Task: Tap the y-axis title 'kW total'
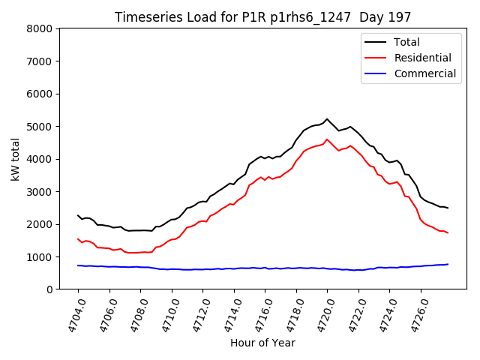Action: (x=15, y=159)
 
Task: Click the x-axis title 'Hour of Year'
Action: (x=262, y=343)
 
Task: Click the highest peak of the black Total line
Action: (x=327, y=119)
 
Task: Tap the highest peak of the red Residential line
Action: (x=327, y=139)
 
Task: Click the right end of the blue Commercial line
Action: (x=448, y=264)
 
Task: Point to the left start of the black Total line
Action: (x=78, y=215)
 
